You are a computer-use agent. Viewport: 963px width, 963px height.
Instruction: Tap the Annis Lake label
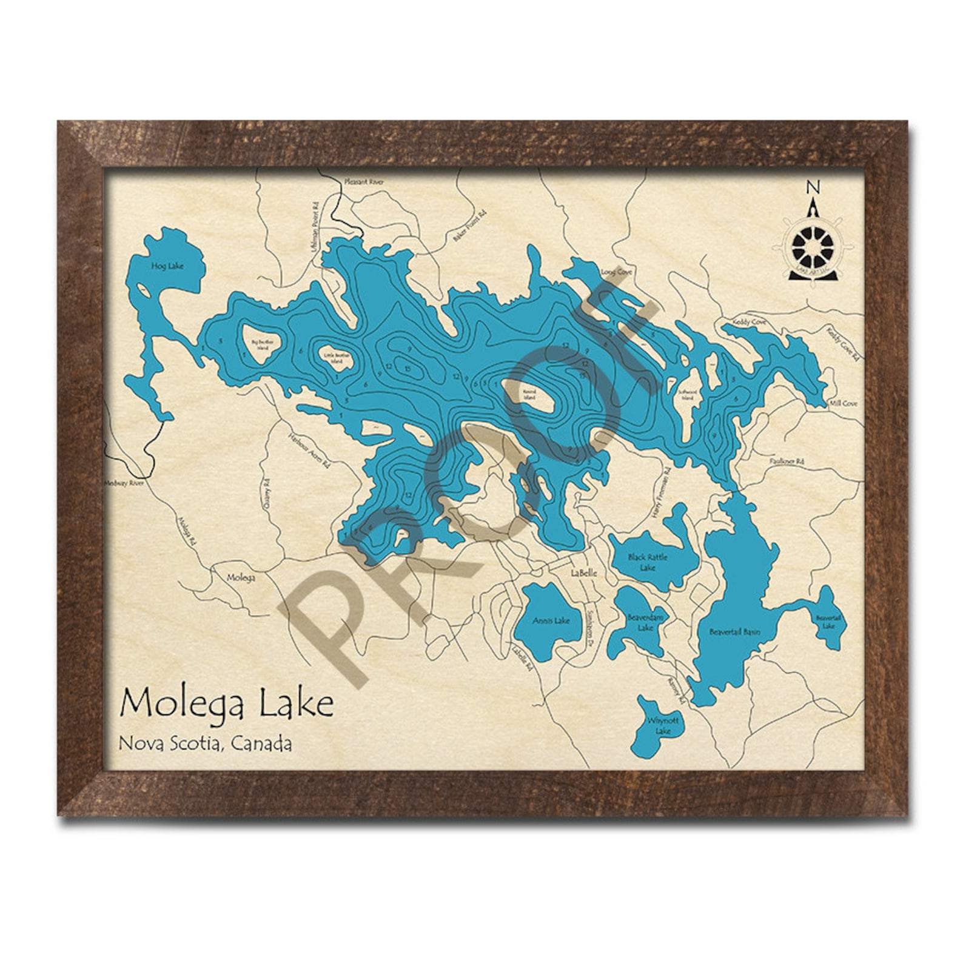coord(551,620)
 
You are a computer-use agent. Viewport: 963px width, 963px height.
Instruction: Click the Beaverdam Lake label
coord(645,622)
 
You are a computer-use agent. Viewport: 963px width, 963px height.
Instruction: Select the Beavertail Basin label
coord(734,632)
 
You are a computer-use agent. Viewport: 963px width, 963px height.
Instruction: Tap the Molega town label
coord(241,578)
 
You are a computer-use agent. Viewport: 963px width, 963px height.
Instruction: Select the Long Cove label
coord(616,272)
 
